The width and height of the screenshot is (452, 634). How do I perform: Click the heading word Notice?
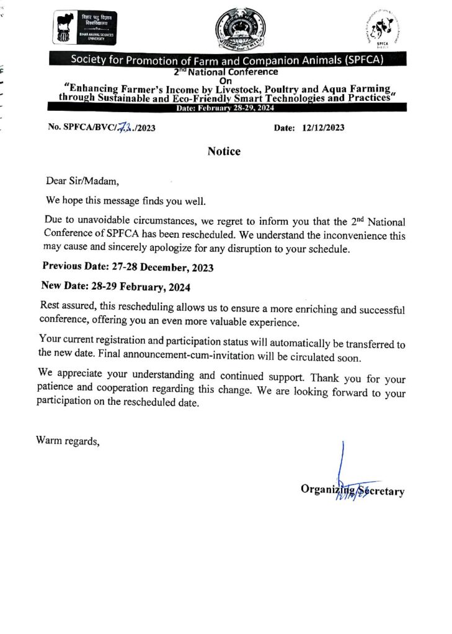(224, 151)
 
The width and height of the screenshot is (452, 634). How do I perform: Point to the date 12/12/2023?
(323, 128)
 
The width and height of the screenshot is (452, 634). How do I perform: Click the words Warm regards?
(68, 441)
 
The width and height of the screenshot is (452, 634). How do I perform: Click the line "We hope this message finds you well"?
(125, 201)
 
